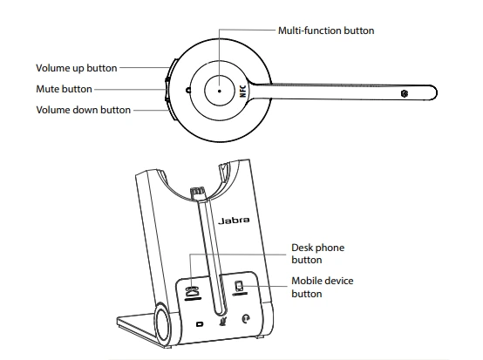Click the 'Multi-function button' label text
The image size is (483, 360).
click(x=325, y=31)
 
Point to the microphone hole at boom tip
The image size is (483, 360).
click(x=404, y=92)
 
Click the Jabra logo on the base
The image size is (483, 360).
click(x=233, y=221)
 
